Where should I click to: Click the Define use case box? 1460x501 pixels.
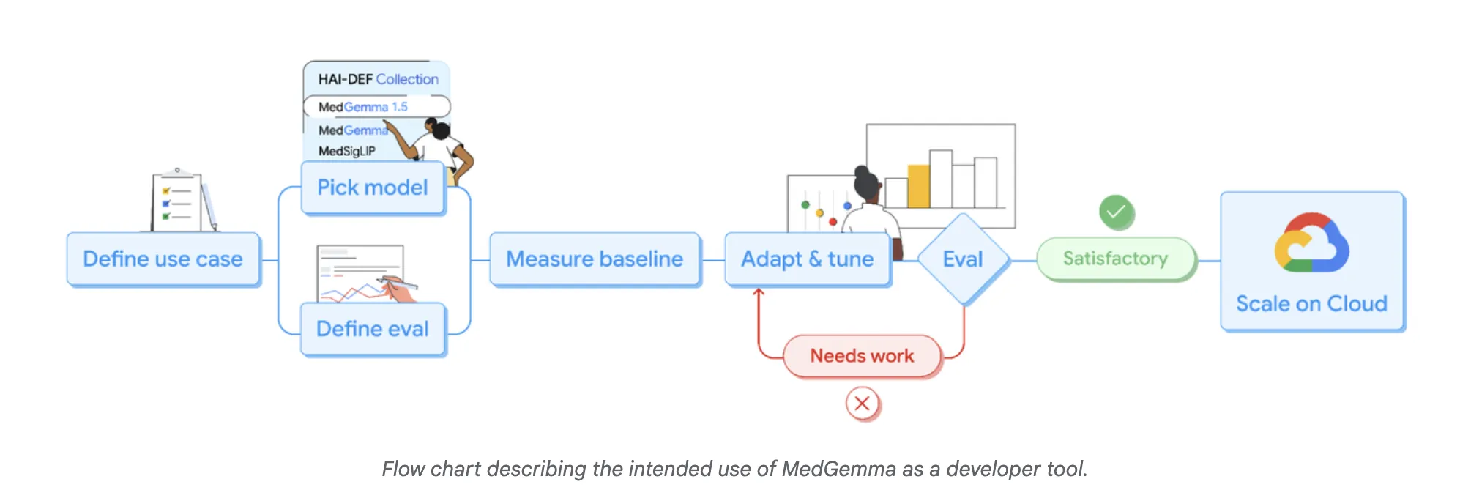(x=163, y=259)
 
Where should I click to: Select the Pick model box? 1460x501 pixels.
(x=373, y=188)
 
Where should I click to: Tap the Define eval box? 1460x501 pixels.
(x=373, y=329)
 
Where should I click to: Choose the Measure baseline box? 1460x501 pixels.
(x=595, y=259)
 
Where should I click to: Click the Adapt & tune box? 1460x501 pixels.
(x=807, y=259)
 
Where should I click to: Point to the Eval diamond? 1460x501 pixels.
(x=963, y=259)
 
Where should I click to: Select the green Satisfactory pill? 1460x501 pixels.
(x=1115, y=259)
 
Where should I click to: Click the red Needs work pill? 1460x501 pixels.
(x=862, y=356)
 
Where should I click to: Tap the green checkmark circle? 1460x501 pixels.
(x=1116, y=212)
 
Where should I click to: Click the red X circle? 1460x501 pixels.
(x=863, y=404)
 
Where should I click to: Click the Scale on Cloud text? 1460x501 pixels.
(x=1311, y=304)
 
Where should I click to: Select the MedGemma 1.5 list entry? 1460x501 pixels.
(x=363, y=107)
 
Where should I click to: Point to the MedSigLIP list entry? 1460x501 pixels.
(x=347, y=151)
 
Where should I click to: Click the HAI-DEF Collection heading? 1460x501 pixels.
(x=378, y=79)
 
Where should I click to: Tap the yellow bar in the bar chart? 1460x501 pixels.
(x=918, y=187)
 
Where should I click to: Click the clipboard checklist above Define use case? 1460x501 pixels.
(x=178, y=201)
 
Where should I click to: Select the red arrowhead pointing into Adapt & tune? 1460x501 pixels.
(x=759, y=292)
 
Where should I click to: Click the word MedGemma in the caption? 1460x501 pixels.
(x=838, y=469)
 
